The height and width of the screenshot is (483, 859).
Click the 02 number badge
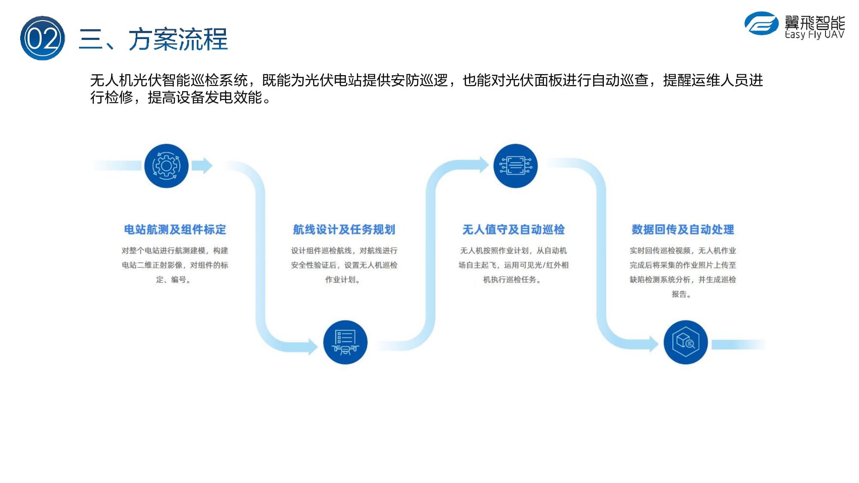[43, 38]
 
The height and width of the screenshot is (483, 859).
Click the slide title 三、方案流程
[153, 39]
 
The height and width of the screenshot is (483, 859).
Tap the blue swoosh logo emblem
[761, 23]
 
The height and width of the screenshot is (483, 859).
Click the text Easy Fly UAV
[814, 34]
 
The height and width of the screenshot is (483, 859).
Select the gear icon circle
[166, 166]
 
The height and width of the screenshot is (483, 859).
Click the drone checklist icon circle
[345, 342]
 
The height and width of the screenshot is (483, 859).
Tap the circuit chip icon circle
[515, 166]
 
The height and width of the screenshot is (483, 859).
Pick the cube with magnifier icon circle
[685, 342]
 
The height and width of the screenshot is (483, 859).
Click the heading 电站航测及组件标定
[175, 230]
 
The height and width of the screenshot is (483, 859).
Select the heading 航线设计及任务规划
[344, 230]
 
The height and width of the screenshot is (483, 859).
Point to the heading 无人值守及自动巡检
[513, 230]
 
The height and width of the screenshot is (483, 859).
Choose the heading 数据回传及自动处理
[683, 230]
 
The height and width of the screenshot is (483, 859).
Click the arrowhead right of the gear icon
[203, 166]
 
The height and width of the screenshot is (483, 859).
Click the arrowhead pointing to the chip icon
[484, 164]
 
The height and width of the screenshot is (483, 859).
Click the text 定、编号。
[174, 280]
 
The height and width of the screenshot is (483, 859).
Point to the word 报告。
[682, 295]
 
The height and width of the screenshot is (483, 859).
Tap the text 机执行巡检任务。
[512, 280]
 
